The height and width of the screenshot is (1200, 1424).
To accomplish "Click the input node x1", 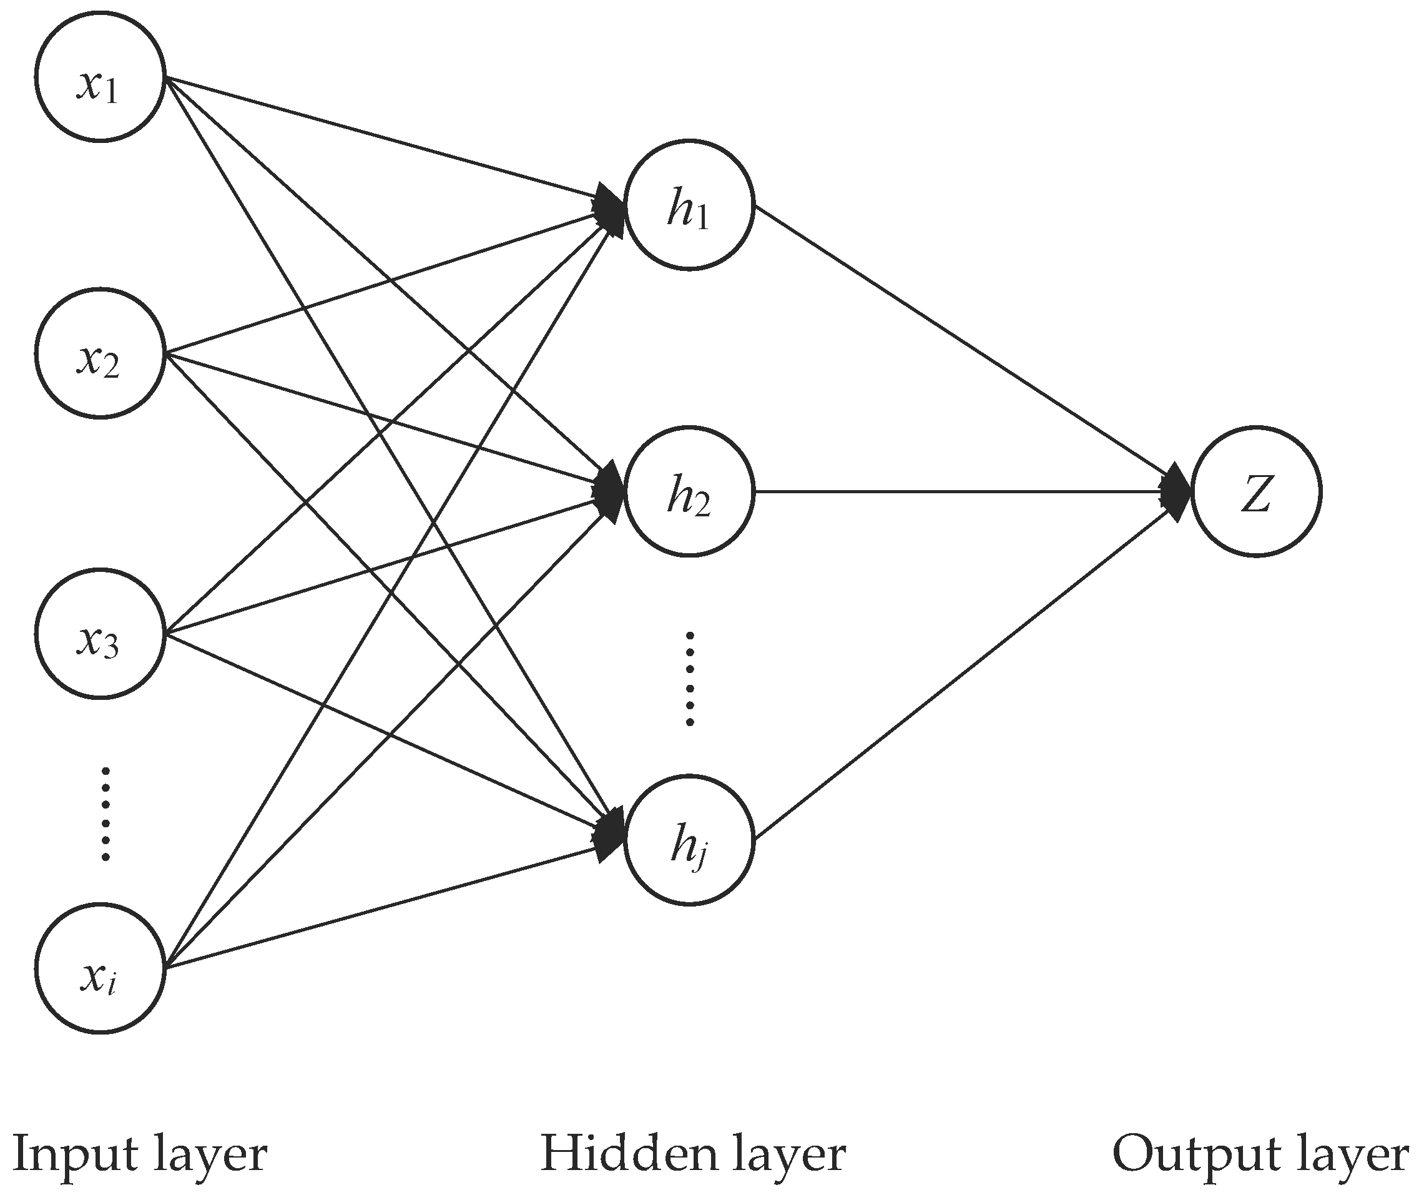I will tap(100, 77).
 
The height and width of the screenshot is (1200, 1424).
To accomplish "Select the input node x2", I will tap(100, 353).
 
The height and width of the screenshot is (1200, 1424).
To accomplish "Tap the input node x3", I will tap(100, 633).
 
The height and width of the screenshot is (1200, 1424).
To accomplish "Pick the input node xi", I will tap(100, 968).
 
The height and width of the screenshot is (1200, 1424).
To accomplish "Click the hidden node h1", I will tap(689, 205).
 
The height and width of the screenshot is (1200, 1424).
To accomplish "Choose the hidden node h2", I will tap(689, 491).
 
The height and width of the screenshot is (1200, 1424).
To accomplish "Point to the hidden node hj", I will tap(689, 840).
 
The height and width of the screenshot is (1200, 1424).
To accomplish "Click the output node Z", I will tap(1256, 491).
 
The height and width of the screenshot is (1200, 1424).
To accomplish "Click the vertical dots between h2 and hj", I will tap(690, 678).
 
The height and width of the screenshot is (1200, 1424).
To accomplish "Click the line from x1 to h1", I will tap(381, 136).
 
